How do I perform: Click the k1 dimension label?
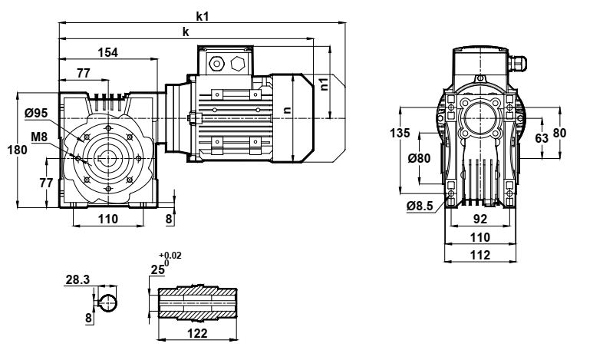pos(203,15)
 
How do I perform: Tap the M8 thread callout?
pos(39,137)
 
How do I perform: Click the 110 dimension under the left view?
pos(108,220)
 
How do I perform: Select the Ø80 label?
pos(419,159)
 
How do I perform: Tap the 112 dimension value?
pos(479,256)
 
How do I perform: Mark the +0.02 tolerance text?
pos(170,256)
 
